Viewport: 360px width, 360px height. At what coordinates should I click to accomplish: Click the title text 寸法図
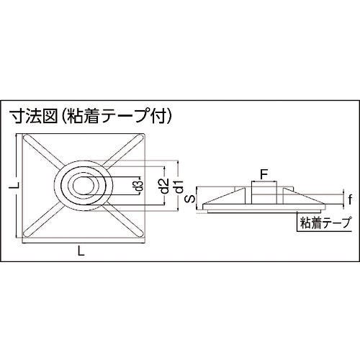pos(33,117)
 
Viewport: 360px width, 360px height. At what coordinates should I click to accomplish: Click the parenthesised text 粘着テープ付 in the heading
pos(116,117)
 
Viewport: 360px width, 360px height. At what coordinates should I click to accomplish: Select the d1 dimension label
pos(179,186)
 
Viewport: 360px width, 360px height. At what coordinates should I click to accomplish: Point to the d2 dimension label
pos(165,186)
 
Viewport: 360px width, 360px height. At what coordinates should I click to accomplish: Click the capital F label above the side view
pos(264,174)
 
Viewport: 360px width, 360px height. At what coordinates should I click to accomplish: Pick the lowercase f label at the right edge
pos(350,199)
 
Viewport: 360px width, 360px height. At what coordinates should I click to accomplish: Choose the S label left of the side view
pos(191,199)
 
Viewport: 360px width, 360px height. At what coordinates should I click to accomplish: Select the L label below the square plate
pos(81,251)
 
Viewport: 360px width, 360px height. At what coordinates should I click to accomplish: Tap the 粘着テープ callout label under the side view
pos(325,222)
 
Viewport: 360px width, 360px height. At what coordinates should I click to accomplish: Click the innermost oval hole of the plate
pos(84,186)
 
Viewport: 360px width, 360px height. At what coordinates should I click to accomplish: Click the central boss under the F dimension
pos(264,192)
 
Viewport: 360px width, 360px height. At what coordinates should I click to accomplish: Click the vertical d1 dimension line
pos(178,186)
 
